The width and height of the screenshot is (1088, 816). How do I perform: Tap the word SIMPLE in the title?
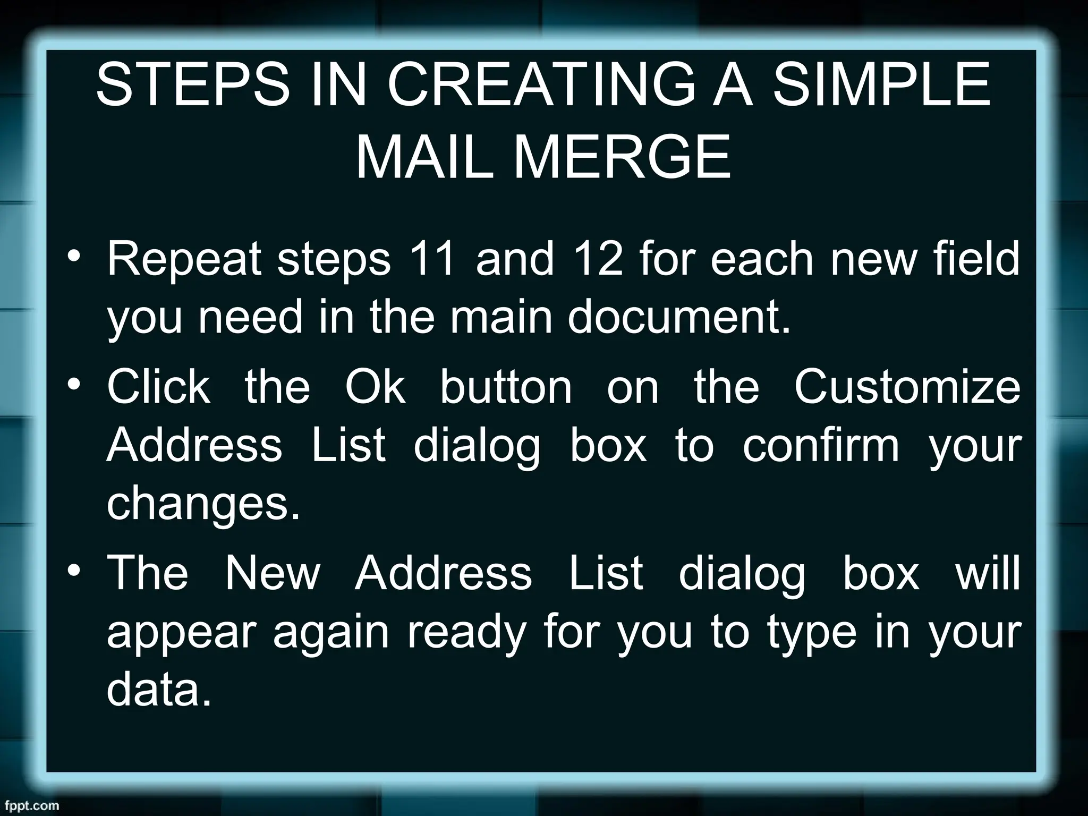882,85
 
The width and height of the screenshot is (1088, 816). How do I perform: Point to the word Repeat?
184,259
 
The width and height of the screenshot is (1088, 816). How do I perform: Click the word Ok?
375,386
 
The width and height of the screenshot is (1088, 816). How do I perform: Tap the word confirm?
821,445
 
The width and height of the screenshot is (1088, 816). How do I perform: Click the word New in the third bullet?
273,573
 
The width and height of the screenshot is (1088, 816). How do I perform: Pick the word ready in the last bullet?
466,633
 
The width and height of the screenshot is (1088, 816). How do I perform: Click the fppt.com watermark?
30,805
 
